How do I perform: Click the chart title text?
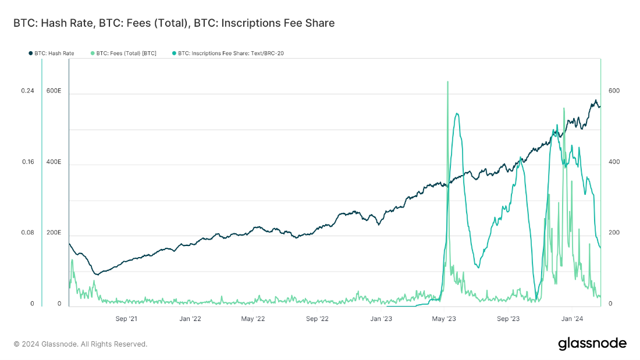[x=174, y=23]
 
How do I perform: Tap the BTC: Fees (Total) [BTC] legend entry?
[x=124, y=54]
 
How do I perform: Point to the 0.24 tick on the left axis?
[x=28, y=91]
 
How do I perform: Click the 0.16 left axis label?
[x=28, y=162]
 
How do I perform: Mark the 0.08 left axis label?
[x=28, y=233]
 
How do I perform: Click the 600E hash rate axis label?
[x=54, y=91]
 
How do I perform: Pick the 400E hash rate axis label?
[x=54, y=162]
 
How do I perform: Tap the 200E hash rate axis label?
[x=54, y=233]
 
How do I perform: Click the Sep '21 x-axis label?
[x=126, y=319]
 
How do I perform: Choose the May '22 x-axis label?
[x=253, y=319]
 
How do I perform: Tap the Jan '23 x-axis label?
[x=381, y=319]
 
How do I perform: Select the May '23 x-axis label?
[x=445, y=319]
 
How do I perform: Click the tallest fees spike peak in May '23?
[x=447, y=82]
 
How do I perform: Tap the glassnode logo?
[x=592, y=343]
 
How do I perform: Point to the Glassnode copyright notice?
[x=80, y=344]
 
